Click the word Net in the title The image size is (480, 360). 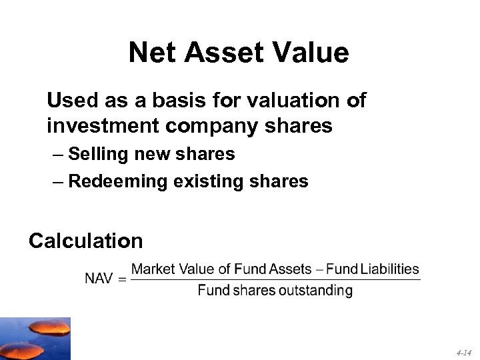click(152, 53)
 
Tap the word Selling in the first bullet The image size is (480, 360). click(98, 155)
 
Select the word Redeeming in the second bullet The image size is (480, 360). click(117, 181)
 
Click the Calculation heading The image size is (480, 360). click(85, 241)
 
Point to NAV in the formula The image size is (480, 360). click(99, 279)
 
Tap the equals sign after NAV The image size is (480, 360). click(121, 279)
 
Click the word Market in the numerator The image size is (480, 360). click(153, 269)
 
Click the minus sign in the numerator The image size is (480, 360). click(320, 269)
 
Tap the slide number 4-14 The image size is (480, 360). click(464, 352)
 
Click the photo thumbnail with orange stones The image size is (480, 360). click(35, 339)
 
